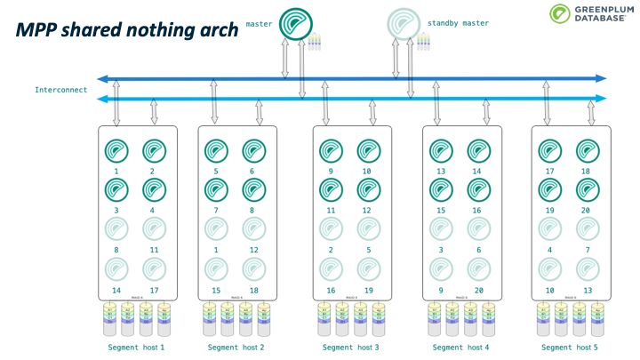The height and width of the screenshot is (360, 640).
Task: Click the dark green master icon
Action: tap(294, 24)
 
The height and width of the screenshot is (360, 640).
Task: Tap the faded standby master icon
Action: tap(403, 24)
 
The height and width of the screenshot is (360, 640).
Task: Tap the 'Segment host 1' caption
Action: tap(136, 347)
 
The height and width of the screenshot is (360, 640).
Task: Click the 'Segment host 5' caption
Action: tap(569, 347)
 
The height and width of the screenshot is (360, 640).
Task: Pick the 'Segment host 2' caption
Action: tap(237, 347)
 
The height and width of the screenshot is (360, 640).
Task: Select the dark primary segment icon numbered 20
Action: tap(586, 189)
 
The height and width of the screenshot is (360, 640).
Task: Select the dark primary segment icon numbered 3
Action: tap(116, 189)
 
